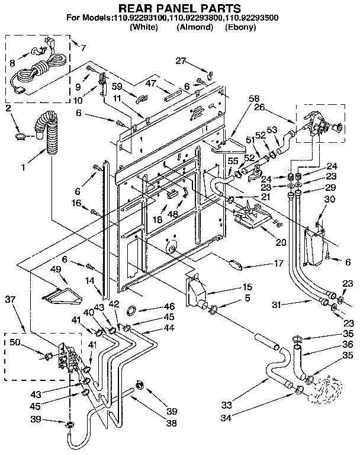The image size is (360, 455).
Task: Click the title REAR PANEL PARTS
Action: point(179,8)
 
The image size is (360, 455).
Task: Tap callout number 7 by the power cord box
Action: point(82,47)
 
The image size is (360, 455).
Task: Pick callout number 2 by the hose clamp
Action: point(8,108)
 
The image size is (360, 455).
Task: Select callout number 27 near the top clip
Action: point(180,60)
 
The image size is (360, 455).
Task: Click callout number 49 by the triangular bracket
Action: point(57,269)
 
